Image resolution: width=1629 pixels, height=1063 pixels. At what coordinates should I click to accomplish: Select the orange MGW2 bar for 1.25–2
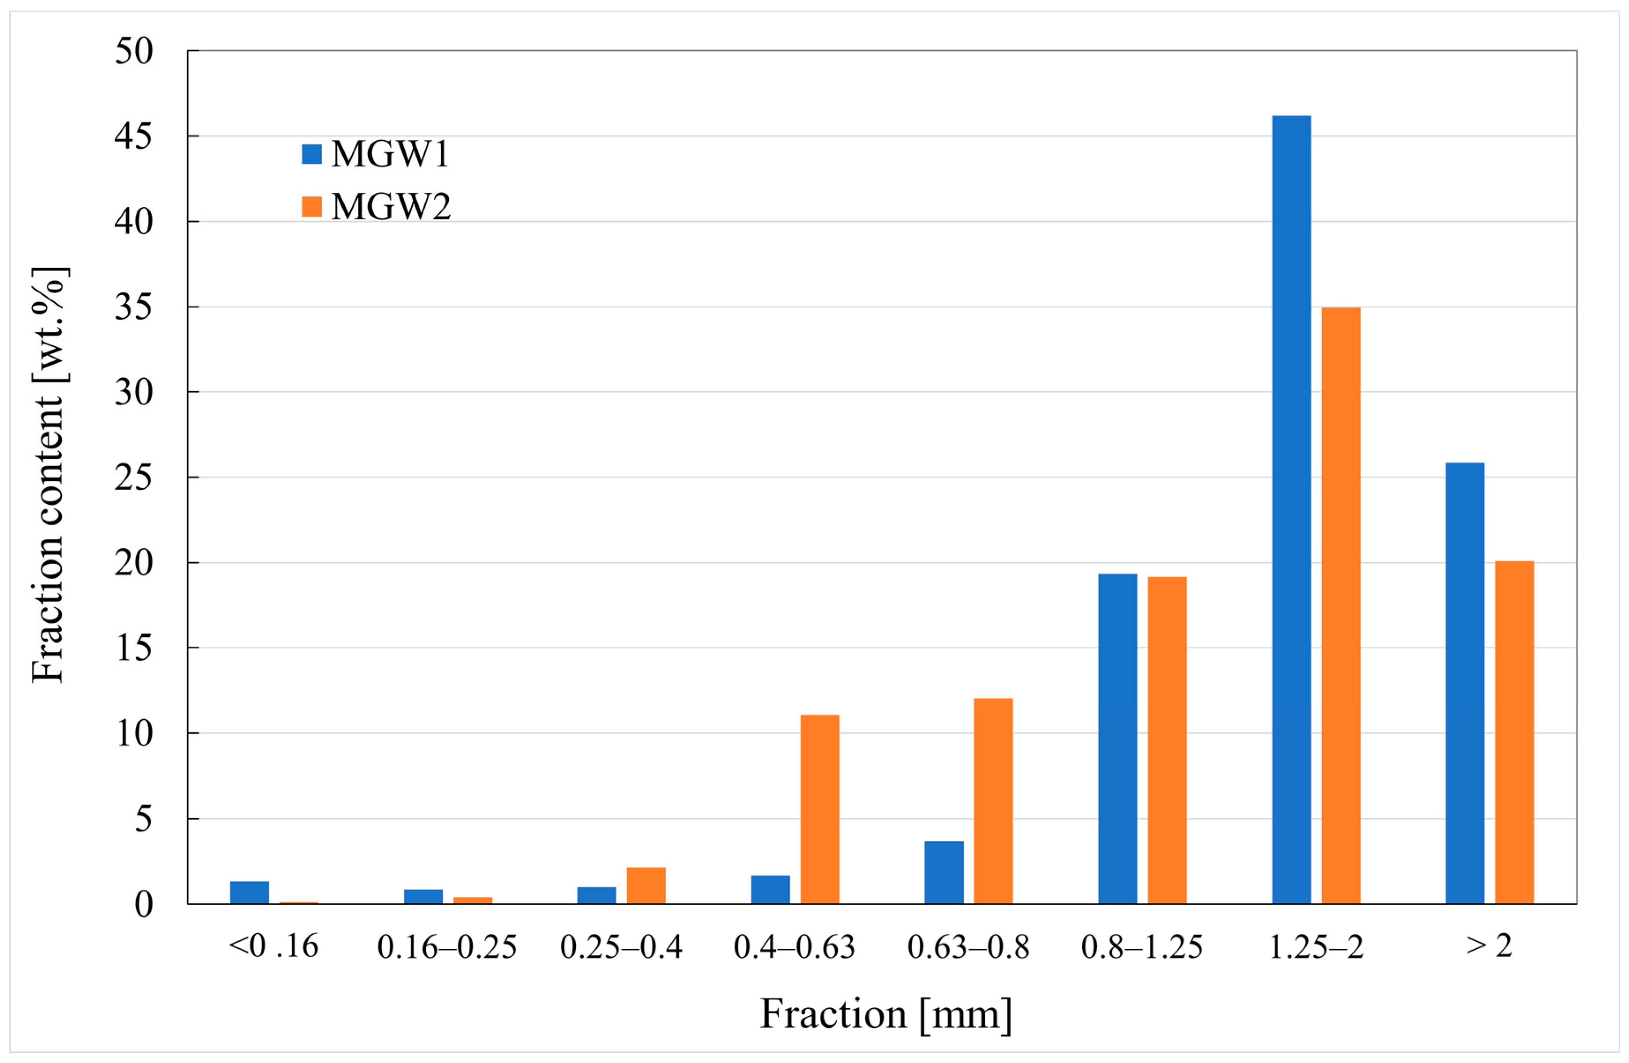(1340, 606)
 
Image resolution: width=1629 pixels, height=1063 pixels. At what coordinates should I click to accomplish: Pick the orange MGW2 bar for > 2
(1514, 733)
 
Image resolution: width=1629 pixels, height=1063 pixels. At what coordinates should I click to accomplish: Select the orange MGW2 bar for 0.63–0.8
(993, 801)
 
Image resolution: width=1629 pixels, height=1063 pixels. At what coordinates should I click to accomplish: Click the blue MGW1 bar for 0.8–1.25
(1118, 739)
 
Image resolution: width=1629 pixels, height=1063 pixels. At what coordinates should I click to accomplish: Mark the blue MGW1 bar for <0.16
(249, 892)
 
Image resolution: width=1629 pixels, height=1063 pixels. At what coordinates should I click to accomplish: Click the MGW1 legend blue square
(311, 153)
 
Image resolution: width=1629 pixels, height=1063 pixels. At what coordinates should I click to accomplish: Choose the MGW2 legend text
(391, 207)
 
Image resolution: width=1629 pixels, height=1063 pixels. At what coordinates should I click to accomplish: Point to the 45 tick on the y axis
(134, 136)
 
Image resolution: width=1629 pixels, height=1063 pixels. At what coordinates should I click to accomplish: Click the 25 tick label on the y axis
(134, 477)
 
